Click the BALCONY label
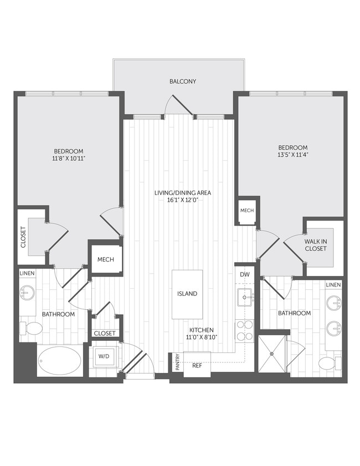(183, 81)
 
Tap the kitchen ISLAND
(187, 294)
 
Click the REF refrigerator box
(197, 365)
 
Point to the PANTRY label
(177, 363)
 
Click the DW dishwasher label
(244, 274)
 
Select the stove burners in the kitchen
(244, 330)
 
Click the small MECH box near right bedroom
(247, 211)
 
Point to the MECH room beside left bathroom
(106, 259)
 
